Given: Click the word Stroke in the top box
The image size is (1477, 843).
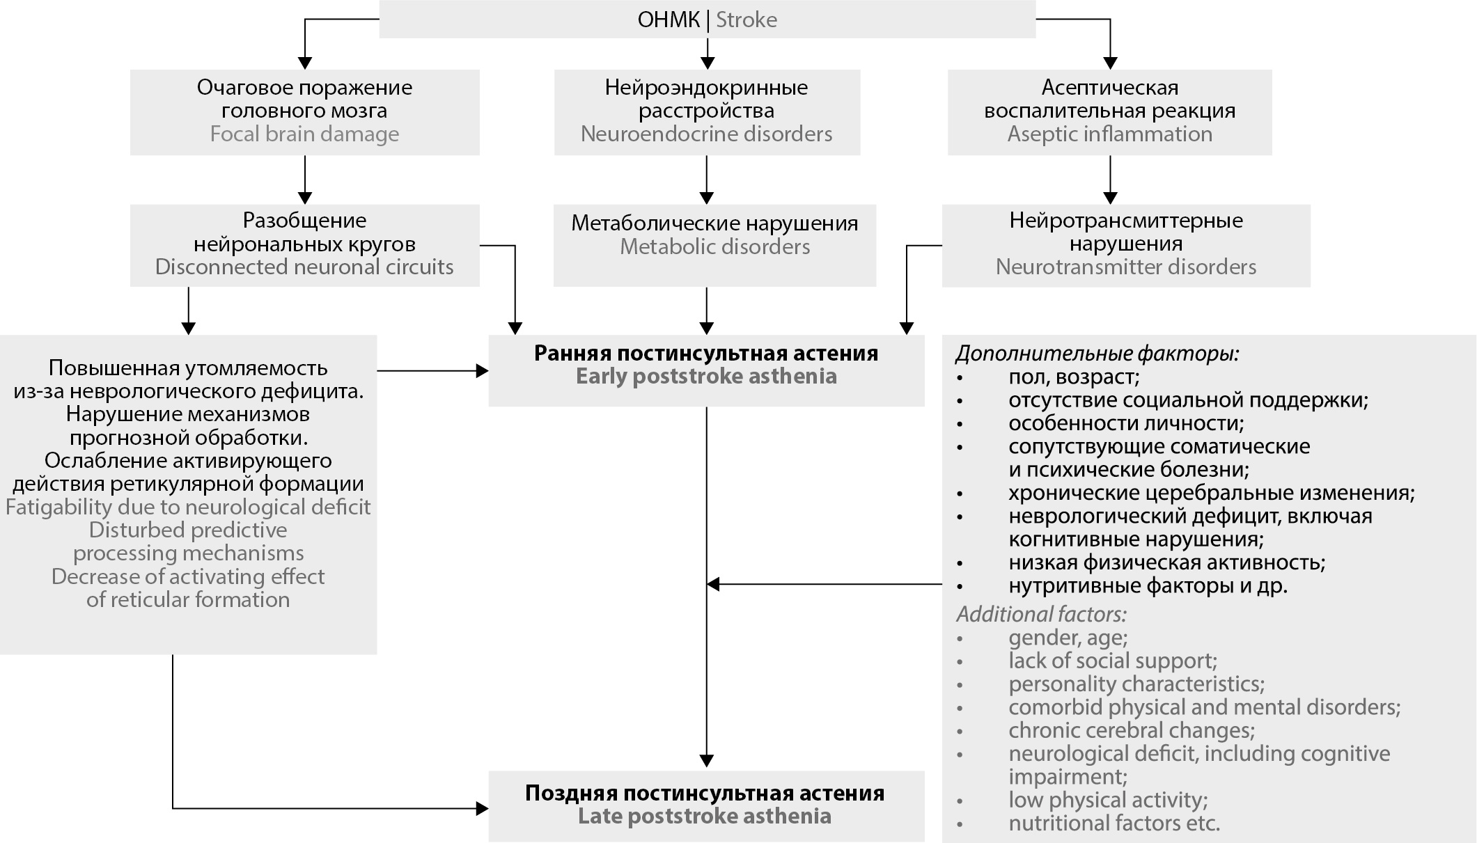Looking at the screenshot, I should click(746, 19).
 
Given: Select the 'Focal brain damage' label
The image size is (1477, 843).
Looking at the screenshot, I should click(304, 134).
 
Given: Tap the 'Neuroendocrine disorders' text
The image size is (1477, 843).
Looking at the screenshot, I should click(706, 134).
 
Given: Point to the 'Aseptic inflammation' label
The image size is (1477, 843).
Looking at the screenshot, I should click(1109, 134).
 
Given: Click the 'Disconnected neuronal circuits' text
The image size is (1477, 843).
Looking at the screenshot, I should click(304, 267).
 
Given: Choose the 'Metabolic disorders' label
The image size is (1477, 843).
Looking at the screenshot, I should click(714, 246).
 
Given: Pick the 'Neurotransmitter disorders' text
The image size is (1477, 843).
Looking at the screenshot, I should click(1125, 267).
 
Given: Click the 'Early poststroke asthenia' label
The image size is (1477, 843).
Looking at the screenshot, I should click(706, 377).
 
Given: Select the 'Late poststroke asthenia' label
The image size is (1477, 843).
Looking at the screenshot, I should click(704, 816).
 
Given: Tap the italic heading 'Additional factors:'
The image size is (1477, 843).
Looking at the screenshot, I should click(1041, 614).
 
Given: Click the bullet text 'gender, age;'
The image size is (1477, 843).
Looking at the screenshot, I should click(1068, 638).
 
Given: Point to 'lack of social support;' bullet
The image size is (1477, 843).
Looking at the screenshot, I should click(1112, 661).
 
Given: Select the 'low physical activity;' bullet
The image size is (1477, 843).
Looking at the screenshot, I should click(1108, 800).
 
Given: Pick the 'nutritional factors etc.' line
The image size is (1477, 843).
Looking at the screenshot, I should click(1114, 823).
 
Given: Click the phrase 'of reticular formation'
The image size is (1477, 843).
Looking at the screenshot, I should click(188, 599).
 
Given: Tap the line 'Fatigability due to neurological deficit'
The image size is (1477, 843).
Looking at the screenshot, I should click(188, 507).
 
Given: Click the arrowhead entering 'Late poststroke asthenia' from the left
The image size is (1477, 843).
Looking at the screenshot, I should click(482, 808).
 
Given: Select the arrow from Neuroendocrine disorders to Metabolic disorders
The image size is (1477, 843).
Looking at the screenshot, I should click(707, 180).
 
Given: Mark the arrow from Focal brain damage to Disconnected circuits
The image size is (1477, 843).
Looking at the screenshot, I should click(304, 180).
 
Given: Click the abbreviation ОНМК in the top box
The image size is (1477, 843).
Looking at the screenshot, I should click(668, 19).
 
